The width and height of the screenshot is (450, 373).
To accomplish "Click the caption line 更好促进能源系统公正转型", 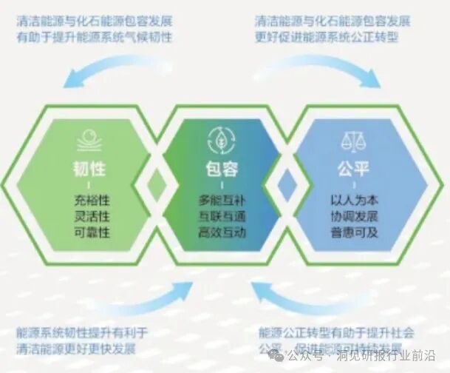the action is click(x=333, y=37).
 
